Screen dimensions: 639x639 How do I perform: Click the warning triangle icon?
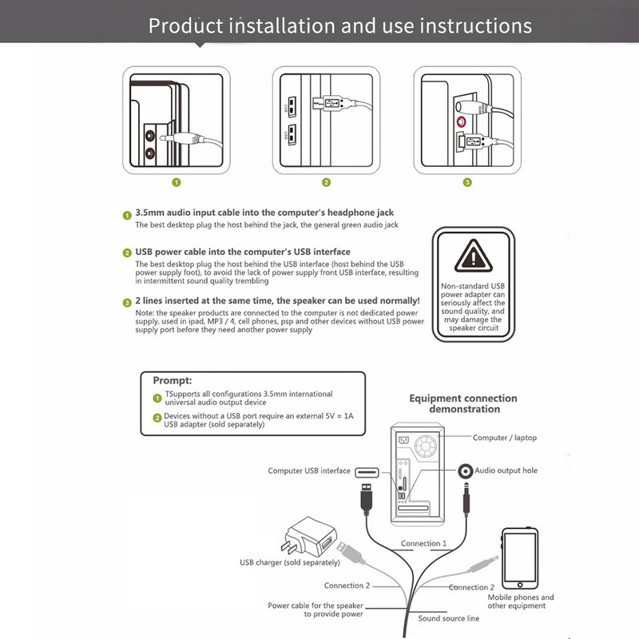click(x=473, y=256)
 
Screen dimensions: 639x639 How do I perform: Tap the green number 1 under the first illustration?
click(x=176, y=182)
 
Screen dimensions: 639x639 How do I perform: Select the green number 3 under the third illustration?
click(x=467, y=182)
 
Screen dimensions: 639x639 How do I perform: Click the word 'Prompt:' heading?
click(x=173, y=380)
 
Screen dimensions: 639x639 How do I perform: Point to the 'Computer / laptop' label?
click(x=505, y=438)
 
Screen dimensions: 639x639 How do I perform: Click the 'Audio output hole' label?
click(x=506, y=470)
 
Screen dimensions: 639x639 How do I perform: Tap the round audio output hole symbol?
click(x=466, y=471)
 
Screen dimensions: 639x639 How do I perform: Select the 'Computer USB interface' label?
click(x=309, y=470)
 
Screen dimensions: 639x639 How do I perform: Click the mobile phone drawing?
click(x=520, y=558)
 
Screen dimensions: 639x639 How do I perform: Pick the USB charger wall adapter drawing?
click(x=309, y=537)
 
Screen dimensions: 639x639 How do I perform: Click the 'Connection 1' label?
click(x=423, y=543)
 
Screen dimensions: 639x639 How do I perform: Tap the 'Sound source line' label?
click(x=448, y=618)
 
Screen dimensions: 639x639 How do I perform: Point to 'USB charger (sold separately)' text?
click(x=290, y=562)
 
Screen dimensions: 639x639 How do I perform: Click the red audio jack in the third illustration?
click(x=461, y=121)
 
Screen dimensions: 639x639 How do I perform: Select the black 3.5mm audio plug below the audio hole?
click(x=466, y=499)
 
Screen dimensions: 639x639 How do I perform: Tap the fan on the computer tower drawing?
click(x=425, y=446)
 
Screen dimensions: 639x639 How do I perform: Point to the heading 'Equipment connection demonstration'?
click(x=463, y=403)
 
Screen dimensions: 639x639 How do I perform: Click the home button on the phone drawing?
click(x=520, y=585)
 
